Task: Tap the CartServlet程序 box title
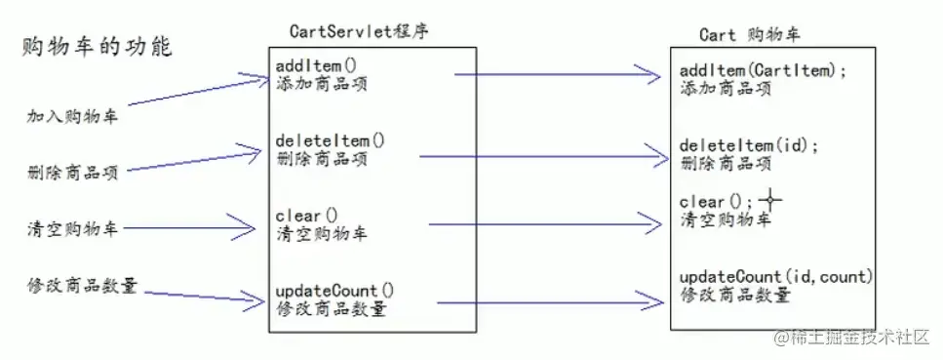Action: (360, 31)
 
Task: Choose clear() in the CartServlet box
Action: (306, 217)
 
